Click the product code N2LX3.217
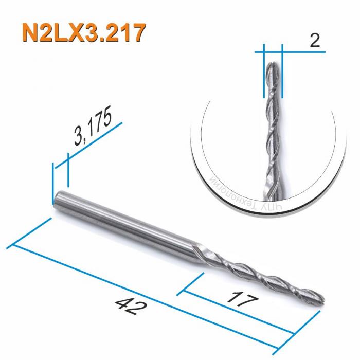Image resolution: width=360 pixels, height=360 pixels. [x=82, y=33]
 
